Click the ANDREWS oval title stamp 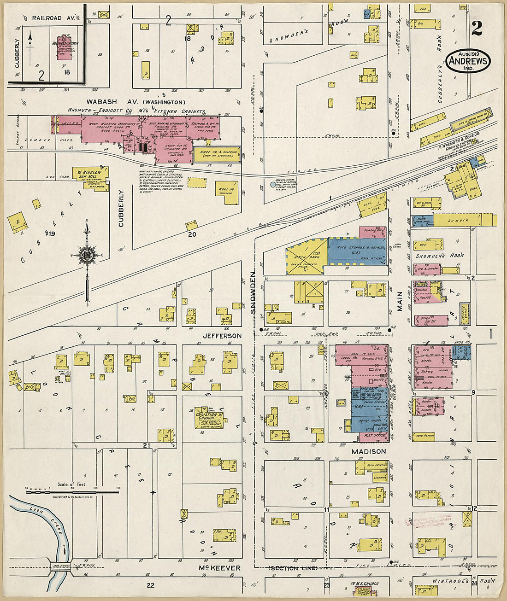[x=468, y=60]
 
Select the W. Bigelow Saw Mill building [x=90, y=175]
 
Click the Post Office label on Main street [x=374, y=435]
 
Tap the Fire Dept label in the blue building [x=371, y=390]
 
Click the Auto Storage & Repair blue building [x=358, y=251]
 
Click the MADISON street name [x=369, y=451]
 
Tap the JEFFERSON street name [x=222, y=336]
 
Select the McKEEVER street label [x=219, y=568]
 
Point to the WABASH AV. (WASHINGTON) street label [x=136, y=102]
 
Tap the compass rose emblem [x=87, y=255]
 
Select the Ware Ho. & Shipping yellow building [x=217, y=155]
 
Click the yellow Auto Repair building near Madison [x=423, y=435]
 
